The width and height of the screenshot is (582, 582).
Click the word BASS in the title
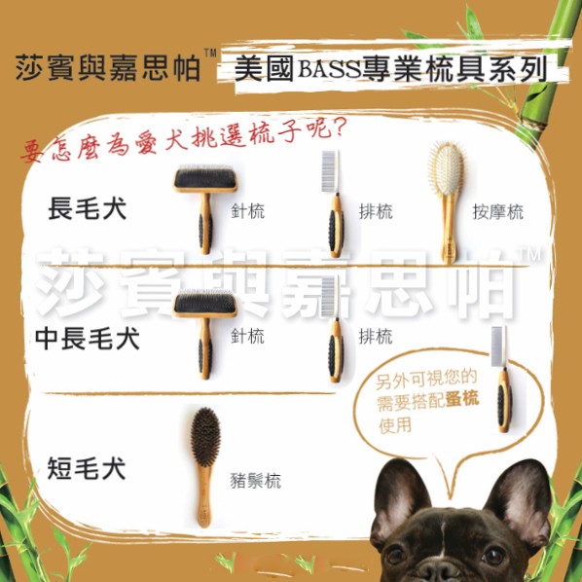[x=329, y=68]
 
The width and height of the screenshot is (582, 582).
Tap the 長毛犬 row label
[x=88, y=208]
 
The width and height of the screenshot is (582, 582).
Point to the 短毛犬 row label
[x=87, y=468]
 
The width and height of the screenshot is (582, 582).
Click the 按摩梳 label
[x=497, y=212]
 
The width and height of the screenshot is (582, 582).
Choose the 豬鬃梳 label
[x=256, y=481]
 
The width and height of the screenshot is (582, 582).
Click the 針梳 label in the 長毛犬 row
[x=247, y=211]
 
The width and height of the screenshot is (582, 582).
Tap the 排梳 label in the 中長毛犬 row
[x=376, y=337]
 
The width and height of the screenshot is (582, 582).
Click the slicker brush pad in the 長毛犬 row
[x=205, y=179]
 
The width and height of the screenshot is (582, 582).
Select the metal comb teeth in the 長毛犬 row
[x=330, y=171]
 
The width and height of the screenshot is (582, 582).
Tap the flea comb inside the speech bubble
[x=501, y=380]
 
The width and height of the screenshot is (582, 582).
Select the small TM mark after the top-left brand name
[x=210, y=54]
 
